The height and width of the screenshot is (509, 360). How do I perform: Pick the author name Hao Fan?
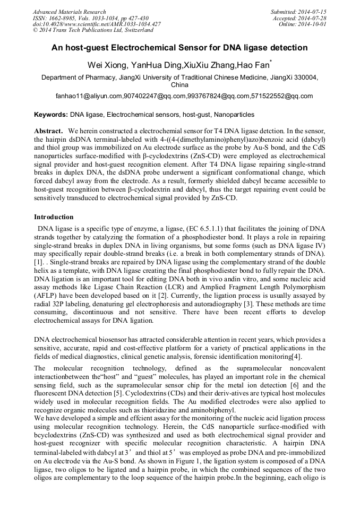coord(253,65)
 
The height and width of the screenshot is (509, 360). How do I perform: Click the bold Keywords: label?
coord(51,115)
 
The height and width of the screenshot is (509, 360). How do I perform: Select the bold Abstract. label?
coord(49,131)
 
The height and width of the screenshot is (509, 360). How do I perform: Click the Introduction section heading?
coord(54,217)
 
